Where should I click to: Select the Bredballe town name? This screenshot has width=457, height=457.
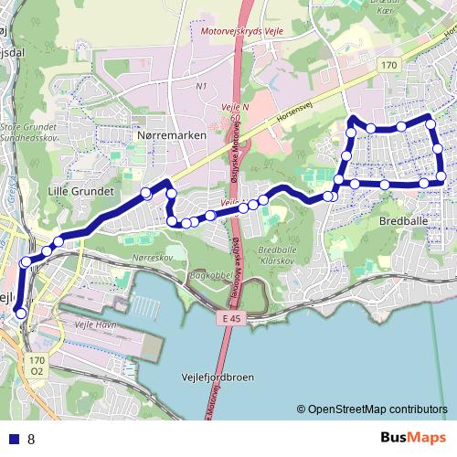pyautogui.click(x=403, y=221)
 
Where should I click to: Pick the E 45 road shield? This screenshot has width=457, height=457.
pyautogui.click(x=236, y=318)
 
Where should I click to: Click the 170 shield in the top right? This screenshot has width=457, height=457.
pyautogui.click(x=389, y=65)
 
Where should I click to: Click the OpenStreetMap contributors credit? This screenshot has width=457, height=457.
pyautogui.click(x=372, y=410)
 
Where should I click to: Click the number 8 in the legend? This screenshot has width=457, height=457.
pyautogui.click(x=31, y=439)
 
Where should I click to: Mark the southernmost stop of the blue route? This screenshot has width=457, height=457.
pyautogui.click(x=21, y=315)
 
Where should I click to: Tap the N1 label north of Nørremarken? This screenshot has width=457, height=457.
pyautogui.click(x=202, y=87)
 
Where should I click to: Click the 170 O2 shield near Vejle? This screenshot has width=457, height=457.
pyautogui.click(x=36, y=367)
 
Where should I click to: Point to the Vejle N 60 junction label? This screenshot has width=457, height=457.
pyautogui.click(x=230, y=112)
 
